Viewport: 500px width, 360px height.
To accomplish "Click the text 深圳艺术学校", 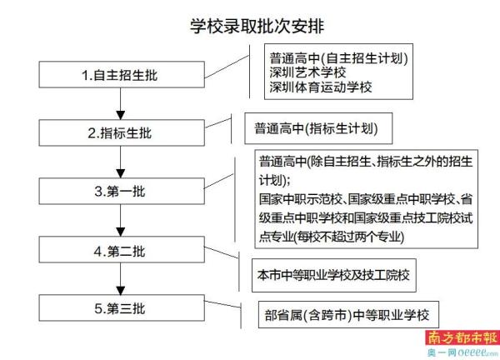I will tap(309, 72).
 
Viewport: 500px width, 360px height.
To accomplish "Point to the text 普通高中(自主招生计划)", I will tap(337, 58).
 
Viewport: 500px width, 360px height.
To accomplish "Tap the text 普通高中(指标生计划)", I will tap(316, 129).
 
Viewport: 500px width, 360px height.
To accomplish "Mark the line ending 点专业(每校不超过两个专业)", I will tap(332, 237).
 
